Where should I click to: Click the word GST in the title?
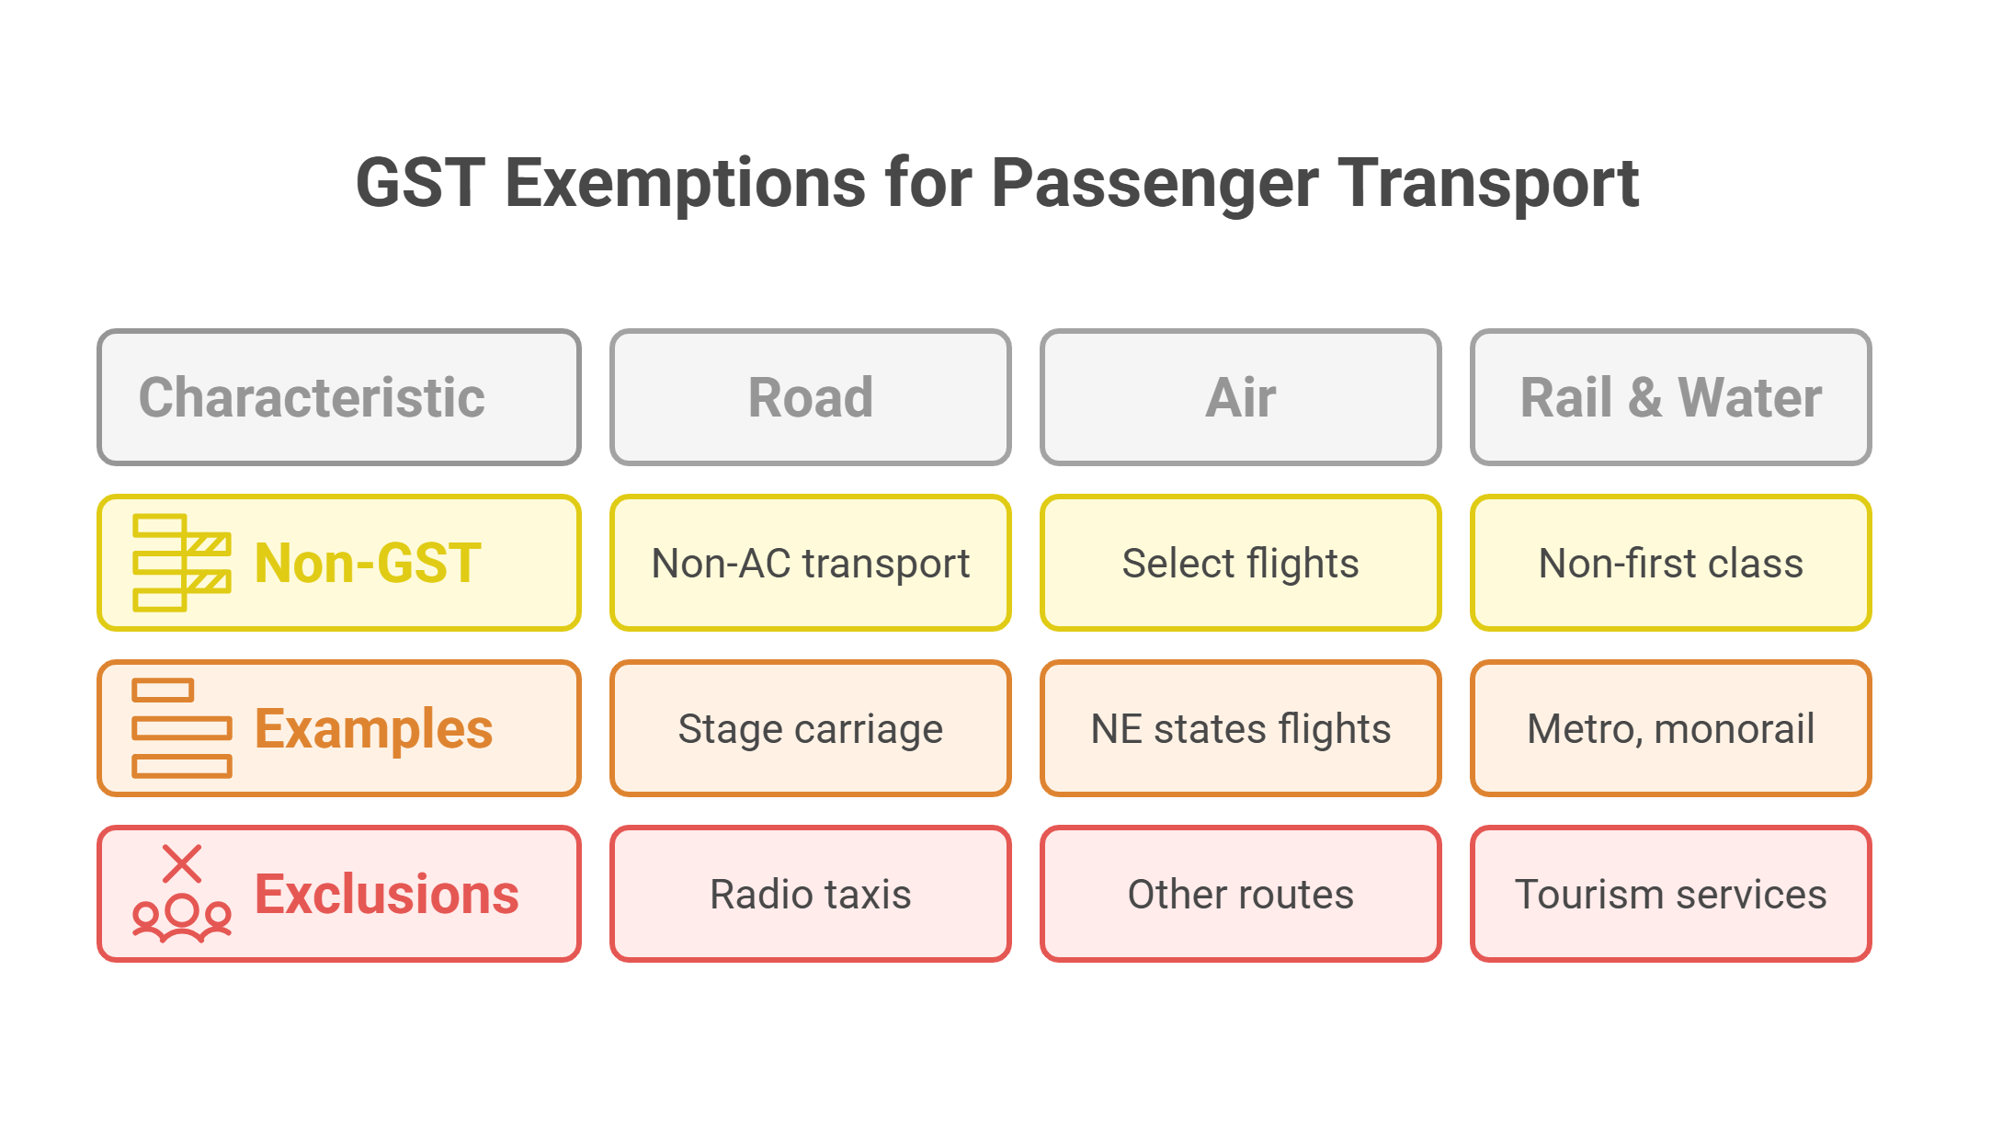[x=420, y=183]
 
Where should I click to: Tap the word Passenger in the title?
[x=1155, y=183]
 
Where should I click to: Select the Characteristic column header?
[x=338, y=397]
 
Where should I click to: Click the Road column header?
[x=810, y=397]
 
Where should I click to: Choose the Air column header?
[x=1240, y=397]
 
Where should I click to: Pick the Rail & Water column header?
[x=1670, y=397]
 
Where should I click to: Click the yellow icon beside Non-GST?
[x=181, y=563]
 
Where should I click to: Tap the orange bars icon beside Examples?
[x=181, y=728]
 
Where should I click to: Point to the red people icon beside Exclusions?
[x=181, y=917]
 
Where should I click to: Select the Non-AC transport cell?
[x=810, y=563]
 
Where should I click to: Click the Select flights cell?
[x=1240, y=563]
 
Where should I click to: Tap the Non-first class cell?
[x=1670, y=563]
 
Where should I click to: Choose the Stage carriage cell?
[x=810, y=728]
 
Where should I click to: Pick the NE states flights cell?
[x=1240, y=728]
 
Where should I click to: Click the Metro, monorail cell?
[x=1670, y=728]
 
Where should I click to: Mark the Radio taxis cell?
[x=810, y=894]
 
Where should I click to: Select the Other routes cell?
[x=1240, y=894]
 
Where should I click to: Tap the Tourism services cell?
[x=1670, y=894]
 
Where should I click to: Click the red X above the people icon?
[x=182, y=863]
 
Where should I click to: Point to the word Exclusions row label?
[x=386, y=894]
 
